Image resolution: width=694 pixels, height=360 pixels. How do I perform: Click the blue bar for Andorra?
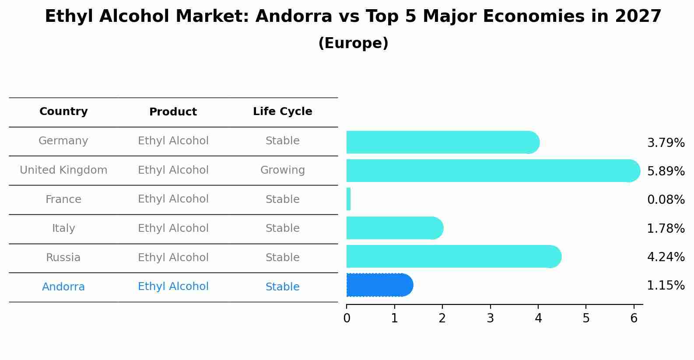click(379, 285)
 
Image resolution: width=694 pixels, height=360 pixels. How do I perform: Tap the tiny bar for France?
click(349, 199)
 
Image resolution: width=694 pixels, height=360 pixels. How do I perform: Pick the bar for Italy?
click(394, 228)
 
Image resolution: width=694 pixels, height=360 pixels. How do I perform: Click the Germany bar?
click(442, 142)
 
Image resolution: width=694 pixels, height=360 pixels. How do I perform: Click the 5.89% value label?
click(666, 171)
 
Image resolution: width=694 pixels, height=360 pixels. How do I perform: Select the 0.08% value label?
click(666, 200)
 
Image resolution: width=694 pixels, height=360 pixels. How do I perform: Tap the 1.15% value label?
click(666, 286)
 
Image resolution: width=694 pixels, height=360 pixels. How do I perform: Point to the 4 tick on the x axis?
click(538, 318)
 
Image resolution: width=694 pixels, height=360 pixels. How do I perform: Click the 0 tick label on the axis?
click(347, 318)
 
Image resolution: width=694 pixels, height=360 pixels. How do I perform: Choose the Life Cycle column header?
click(282, 112)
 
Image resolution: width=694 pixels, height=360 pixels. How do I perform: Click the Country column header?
click(63, 112)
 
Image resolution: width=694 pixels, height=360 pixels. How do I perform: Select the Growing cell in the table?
click(282, 170)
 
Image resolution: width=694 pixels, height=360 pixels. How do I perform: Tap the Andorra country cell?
click(63, 287)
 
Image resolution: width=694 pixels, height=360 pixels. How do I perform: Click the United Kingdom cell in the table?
click(63, 170)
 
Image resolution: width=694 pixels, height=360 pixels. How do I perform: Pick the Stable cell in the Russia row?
click(282, 258)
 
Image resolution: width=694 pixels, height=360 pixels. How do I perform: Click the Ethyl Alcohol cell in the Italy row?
click(173, 228)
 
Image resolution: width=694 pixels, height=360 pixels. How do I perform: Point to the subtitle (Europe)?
click(353, 43)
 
